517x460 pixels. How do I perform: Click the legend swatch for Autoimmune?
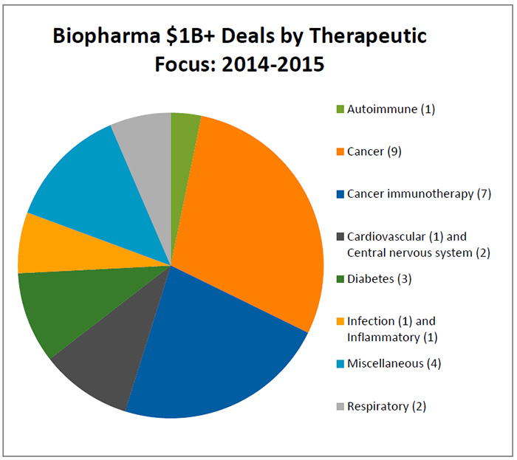coord(340,110)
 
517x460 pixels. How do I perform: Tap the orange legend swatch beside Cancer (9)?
coord(340,152)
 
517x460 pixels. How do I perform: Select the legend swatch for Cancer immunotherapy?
coord(340,194)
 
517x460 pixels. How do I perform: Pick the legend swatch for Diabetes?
coord(340,279)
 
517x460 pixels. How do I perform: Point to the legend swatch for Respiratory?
coord(340,406)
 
